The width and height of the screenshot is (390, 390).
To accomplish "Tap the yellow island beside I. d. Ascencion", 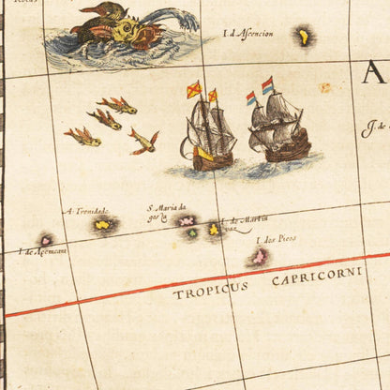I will tap(303, 37).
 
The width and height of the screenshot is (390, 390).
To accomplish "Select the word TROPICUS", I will tap(210, 289).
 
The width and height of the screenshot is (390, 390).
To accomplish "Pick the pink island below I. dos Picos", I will tap(259, 255).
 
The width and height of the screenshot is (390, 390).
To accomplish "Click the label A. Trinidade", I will tap(87, 211).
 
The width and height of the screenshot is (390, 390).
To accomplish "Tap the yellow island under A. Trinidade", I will tap(102, 224).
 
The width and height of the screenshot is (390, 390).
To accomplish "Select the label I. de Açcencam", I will tap(42, 251).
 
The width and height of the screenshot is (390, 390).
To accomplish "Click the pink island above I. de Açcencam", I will tap(45, 240).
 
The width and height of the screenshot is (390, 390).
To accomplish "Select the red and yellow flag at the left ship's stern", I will tap(194, 90).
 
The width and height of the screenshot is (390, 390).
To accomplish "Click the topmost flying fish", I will tap(117, 105).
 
